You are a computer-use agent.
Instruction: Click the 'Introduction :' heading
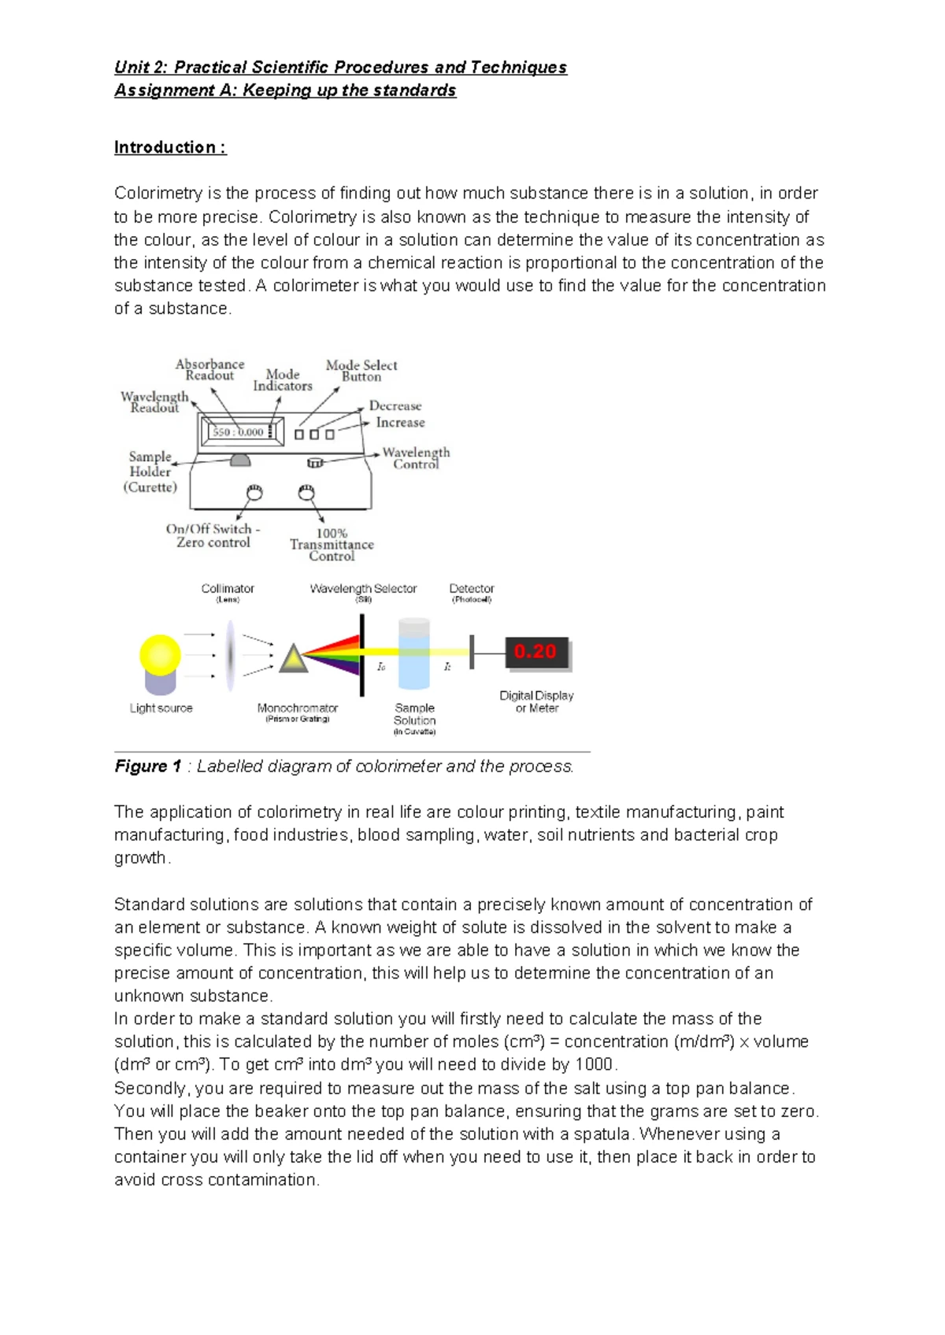170,147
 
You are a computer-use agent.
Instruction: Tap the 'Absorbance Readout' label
209,370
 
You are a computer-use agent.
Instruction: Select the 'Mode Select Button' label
361,371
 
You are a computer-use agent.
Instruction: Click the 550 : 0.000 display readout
239,432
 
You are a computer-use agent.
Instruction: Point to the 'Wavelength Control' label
416,458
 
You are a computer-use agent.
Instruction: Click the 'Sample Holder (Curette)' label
150,472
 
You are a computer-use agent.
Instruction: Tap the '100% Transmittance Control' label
332,545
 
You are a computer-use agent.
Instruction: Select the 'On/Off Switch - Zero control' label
213,536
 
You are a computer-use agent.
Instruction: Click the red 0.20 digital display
535,652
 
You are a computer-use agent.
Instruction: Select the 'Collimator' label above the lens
228,589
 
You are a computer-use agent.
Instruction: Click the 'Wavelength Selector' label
363,589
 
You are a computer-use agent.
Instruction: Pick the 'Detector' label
472,589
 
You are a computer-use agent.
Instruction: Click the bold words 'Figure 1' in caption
148,767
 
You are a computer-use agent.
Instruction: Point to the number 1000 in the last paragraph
594,1065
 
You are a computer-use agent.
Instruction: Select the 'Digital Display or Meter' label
536,701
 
